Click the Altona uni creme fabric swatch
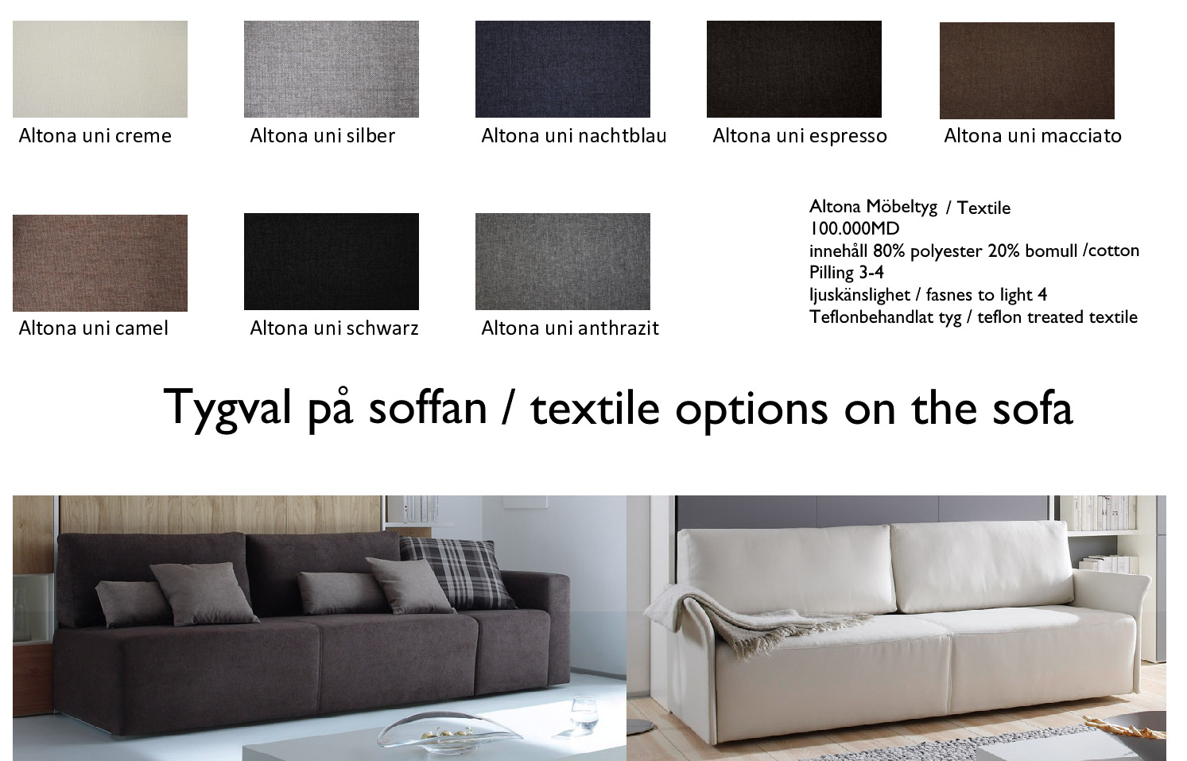coord(100,69)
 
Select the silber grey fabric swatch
coord(332,69)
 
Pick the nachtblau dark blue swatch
coord(563,69)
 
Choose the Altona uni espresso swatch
coord(793,69)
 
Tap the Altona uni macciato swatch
coord(1027,71)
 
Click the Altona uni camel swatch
coord(100,263)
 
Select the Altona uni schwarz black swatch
coord(332,262)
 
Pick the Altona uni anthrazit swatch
coord(563,262)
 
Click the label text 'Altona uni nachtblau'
coord(574,136)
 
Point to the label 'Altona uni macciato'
coord(1033,136)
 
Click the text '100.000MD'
coord(854,229)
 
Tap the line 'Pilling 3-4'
coord(847,273)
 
